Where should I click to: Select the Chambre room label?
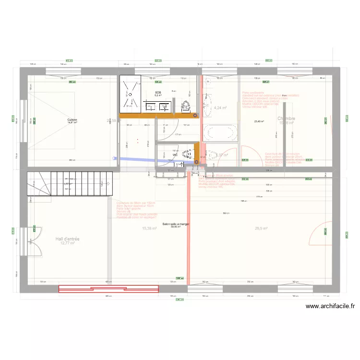[286, 119]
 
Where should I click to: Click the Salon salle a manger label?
[177, 224]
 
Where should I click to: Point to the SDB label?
[158, 92]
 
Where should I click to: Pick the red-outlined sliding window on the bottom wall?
[108, 288]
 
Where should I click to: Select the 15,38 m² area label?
[150, 229]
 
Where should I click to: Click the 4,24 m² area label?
[221, 108]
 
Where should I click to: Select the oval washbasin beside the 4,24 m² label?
[207, 101]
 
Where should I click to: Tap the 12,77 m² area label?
[68, 243]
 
